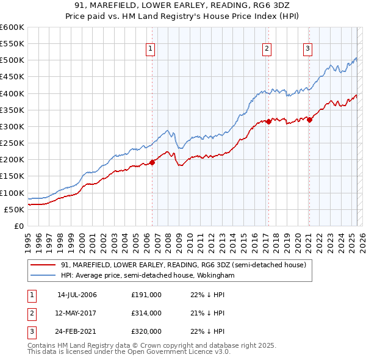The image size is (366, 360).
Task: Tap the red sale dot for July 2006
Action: (152, 162)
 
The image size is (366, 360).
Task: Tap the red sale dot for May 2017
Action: (268, 121)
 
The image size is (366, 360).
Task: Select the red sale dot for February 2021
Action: (309, 120)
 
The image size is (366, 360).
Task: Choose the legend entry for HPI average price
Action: (148, 275)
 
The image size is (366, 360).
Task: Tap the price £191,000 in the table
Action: (146, 295)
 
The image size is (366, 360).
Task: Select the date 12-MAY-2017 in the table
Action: (76, 313)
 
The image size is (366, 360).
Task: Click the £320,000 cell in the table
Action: (146, 331)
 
